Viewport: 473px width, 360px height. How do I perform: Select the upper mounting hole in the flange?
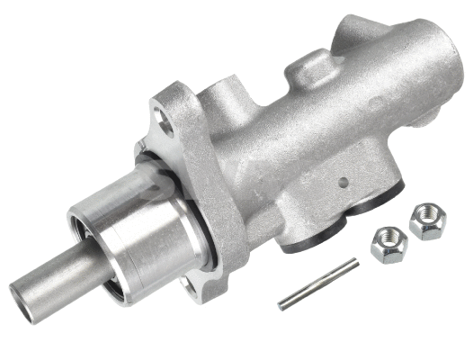165,114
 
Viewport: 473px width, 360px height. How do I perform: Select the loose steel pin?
317,283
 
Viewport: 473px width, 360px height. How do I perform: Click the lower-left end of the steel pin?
282,304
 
